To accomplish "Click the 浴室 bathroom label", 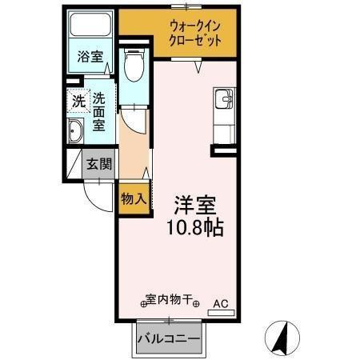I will (x=89, y=58).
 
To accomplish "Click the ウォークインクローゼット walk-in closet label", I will (x=194, y=34).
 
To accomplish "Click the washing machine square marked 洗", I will (x=78, y=102).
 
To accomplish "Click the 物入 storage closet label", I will (x=133, y=198).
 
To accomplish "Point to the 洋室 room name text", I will (x=194, y=205).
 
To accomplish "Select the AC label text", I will (x=221, y=303).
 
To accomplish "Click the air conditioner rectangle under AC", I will (x=221, y=312).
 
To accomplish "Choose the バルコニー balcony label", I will (x=168, y=338).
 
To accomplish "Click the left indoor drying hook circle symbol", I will (x=145, y=303).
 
